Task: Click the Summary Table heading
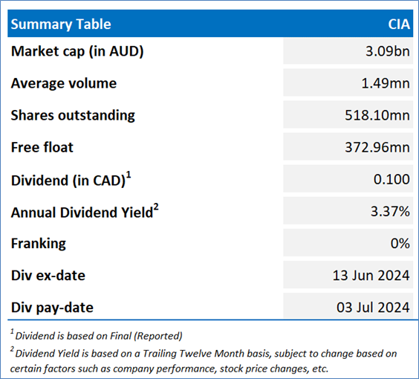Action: click(61, 25)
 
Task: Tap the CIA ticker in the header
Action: click(399, 25)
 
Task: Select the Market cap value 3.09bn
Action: click(388, 51)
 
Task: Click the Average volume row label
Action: click(64, 83)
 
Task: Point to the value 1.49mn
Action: click(386, 83)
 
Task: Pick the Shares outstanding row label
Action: click(73, 115)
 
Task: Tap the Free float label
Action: click(42, 147)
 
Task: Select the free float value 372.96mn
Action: click(377, 147)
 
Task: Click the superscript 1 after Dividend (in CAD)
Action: click(129, 175)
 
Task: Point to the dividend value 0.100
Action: click(392, 179)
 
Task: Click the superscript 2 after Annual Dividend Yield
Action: click(156, 207)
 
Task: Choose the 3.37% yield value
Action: click(390, 211)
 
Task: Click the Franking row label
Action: click(38, 244)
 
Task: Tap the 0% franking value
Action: click(400, 243)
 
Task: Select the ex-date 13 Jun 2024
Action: click(371, 275)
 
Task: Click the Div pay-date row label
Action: click(52, 308)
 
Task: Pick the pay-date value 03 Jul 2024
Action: click(373, 308)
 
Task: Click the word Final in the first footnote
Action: click(121, 336)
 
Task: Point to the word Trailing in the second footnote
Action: click(160, 354)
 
